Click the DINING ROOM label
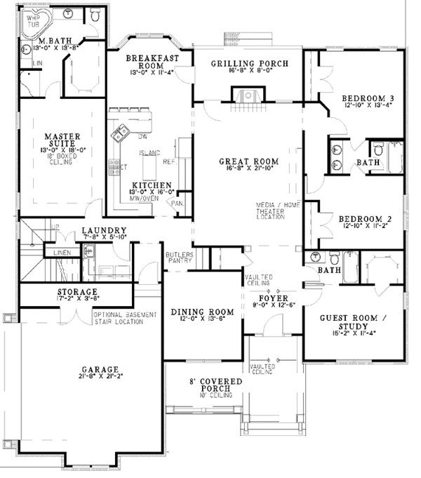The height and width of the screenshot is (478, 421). point(201,312)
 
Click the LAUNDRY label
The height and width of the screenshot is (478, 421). point(103,230)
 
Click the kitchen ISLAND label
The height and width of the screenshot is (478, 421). point(149,152)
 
